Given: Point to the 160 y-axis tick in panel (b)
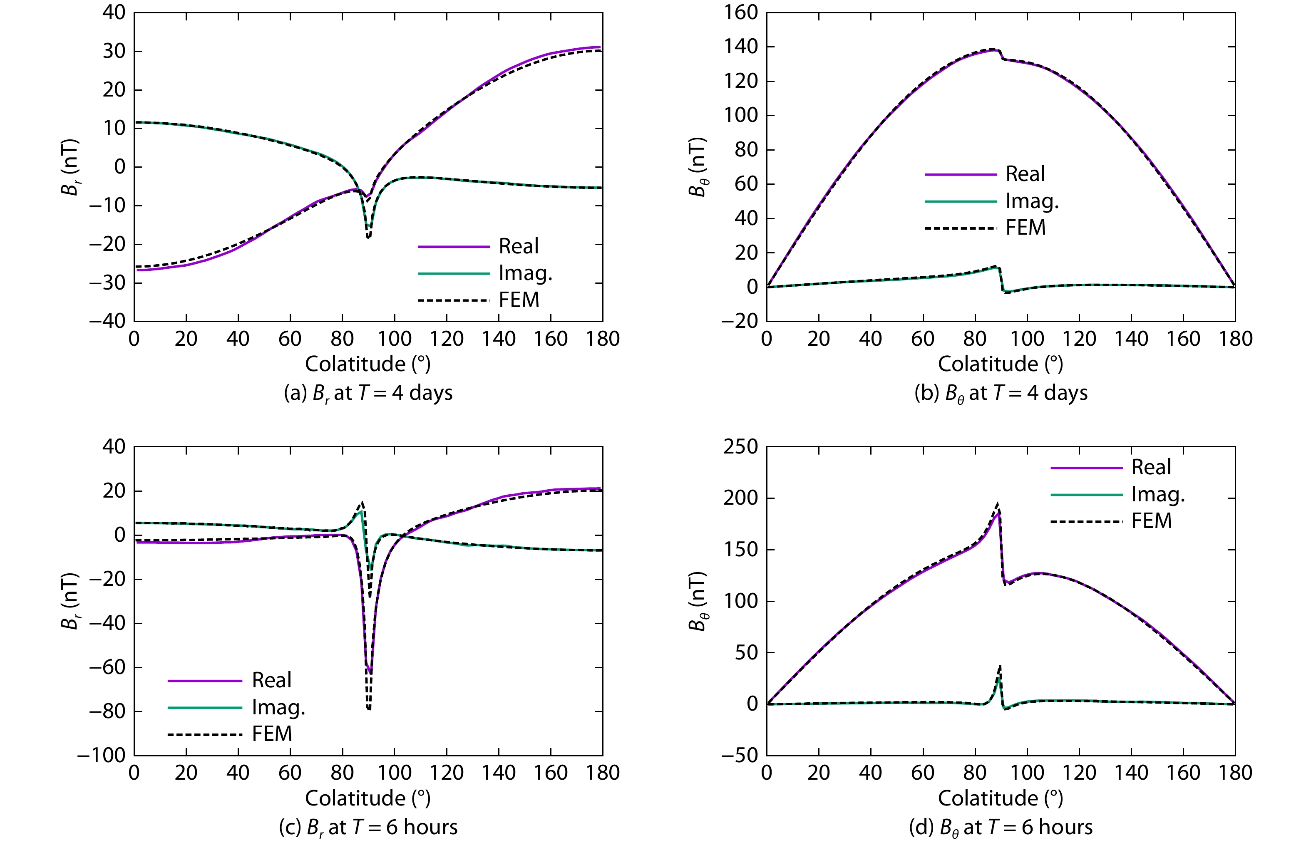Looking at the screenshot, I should pos(740,12).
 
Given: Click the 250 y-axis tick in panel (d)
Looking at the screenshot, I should pos(740,447).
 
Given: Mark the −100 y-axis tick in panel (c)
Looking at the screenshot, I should pos(102,756).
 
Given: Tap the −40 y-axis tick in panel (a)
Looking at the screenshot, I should pos(107,321).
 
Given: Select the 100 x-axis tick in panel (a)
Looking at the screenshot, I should pos(394,339).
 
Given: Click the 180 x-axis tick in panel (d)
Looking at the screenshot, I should pos(1235,773).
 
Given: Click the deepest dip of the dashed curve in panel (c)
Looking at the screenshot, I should pos(369,709).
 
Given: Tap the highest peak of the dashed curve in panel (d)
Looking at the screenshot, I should pos(998,503).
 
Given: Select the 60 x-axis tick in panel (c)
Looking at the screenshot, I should pos(290,773).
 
